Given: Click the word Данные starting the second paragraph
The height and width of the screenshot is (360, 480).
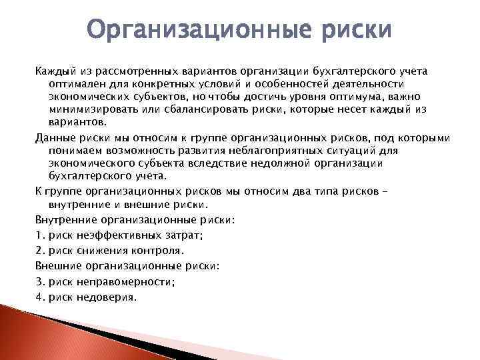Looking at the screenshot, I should point(55,138).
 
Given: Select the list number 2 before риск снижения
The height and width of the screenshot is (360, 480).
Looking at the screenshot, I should point(39,251).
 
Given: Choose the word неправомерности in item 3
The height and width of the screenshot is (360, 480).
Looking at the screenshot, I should point(126,281).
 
